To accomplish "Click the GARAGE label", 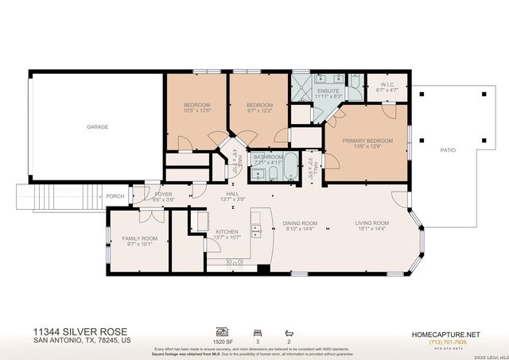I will click(98, 127).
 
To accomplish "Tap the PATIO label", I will click(448, 149).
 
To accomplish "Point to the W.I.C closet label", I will click(386, 85).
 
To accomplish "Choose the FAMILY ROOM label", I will click(139, 238).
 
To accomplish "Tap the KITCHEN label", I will click(227, 232).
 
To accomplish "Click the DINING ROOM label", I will click(300, 223).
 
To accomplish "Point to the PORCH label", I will click(115, 196).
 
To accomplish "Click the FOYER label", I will click(163, 194).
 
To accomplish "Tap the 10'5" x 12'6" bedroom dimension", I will click(196, 111).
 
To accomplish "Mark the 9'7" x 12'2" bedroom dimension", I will click(259, 111).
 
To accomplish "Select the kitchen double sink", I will click(256, 232).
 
